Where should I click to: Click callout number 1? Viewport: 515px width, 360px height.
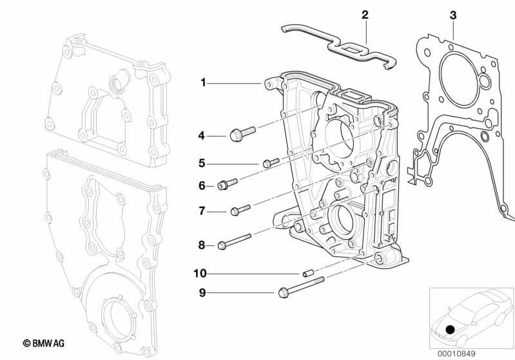pos(203,82)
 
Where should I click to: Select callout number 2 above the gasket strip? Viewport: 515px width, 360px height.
pos(365,15)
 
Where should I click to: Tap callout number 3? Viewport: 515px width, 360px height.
pos(453,15)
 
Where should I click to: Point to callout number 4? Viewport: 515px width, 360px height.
pos(201,135)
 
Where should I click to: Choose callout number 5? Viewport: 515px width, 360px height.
pos(201,163)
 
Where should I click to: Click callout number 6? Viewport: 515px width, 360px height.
pos(202,185)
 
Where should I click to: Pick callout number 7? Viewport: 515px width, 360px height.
pos(202,211)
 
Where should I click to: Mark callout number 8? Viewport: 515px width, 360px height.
pos(201,245)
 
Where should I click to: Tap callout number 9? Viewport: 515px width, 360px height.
pos(202,292)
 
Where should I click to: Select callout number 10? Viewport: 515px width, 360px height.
pos(200,273)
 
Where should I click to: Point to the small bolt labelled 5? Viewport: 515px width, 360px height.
pos(271,162)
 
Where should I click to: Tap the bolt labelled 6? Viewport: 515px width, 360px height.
pos(228,184)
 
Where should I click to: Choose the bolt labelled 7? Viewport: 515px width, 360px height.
pos(240,210)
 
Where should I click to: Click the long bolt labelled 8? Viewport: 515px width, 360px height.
pos(235,242)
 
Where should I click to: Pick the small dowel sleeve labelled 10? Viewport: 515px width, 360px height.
pos(308,273)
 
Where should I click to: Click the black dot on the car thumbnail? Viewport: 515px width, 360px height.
pos(450,329)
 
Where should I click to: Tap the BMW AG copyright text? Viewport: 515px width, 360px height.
pos(44,343)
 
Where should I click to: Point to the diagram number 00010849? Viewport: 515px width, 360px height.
pos(456,354)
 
